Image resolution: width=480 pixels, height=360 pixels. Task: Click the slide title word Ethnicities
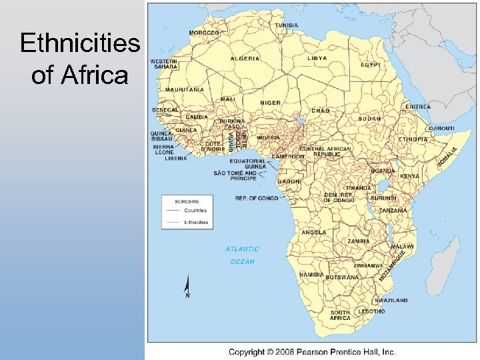[x=80, y=45]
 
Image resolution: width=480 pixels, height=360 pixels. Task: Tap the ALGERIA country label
[x=245, y=59]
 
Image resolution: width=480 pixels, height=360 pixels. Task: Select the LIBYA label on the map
[x=317, y=59]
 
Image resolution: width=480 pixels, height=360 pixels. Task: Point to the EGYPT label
[x=370, y=65]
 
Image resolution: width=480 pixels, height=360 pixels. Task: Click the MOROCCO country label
[x=204, y=33]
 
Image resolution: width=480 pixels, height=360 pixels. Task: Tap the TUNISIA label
[x=287, y=25]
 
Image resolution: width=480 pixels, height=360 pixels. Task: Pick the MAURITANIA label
[x=185, y=89]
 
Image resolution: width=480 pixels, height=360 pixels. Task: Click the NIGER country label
[x=270, y=103]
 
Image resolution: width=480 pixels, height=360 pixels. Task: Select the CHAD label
[x=321, y=110]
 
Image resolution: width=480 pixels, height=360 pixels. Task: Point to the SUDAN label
[x=369, y=119]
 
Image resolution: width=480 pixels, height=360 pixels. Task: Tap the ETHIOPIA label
[x=413, y=139]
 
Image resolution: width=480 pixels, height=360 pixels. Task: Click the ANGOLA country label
[x=314, y=233]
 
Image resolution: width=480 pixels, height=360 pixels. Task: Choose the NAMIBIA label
[x=311, y=275]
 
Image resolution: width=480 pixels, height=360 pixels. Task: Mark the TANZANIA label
[x=393, y=211]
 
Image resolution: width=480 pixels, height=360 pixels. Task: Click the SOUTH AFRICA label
[x=340, y=315]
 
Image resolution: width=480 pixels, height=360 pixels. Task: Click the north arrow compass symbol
[x=187, y=287]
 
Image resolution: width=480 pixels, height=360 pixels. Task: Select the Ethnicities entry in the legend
[x=196, y=222]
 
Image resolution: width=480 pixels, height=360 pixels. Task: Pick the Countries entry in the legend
[x=195, y=211]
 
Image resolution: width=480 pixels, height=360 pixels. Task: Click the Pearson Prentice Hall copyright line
[x=312, y=351]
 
